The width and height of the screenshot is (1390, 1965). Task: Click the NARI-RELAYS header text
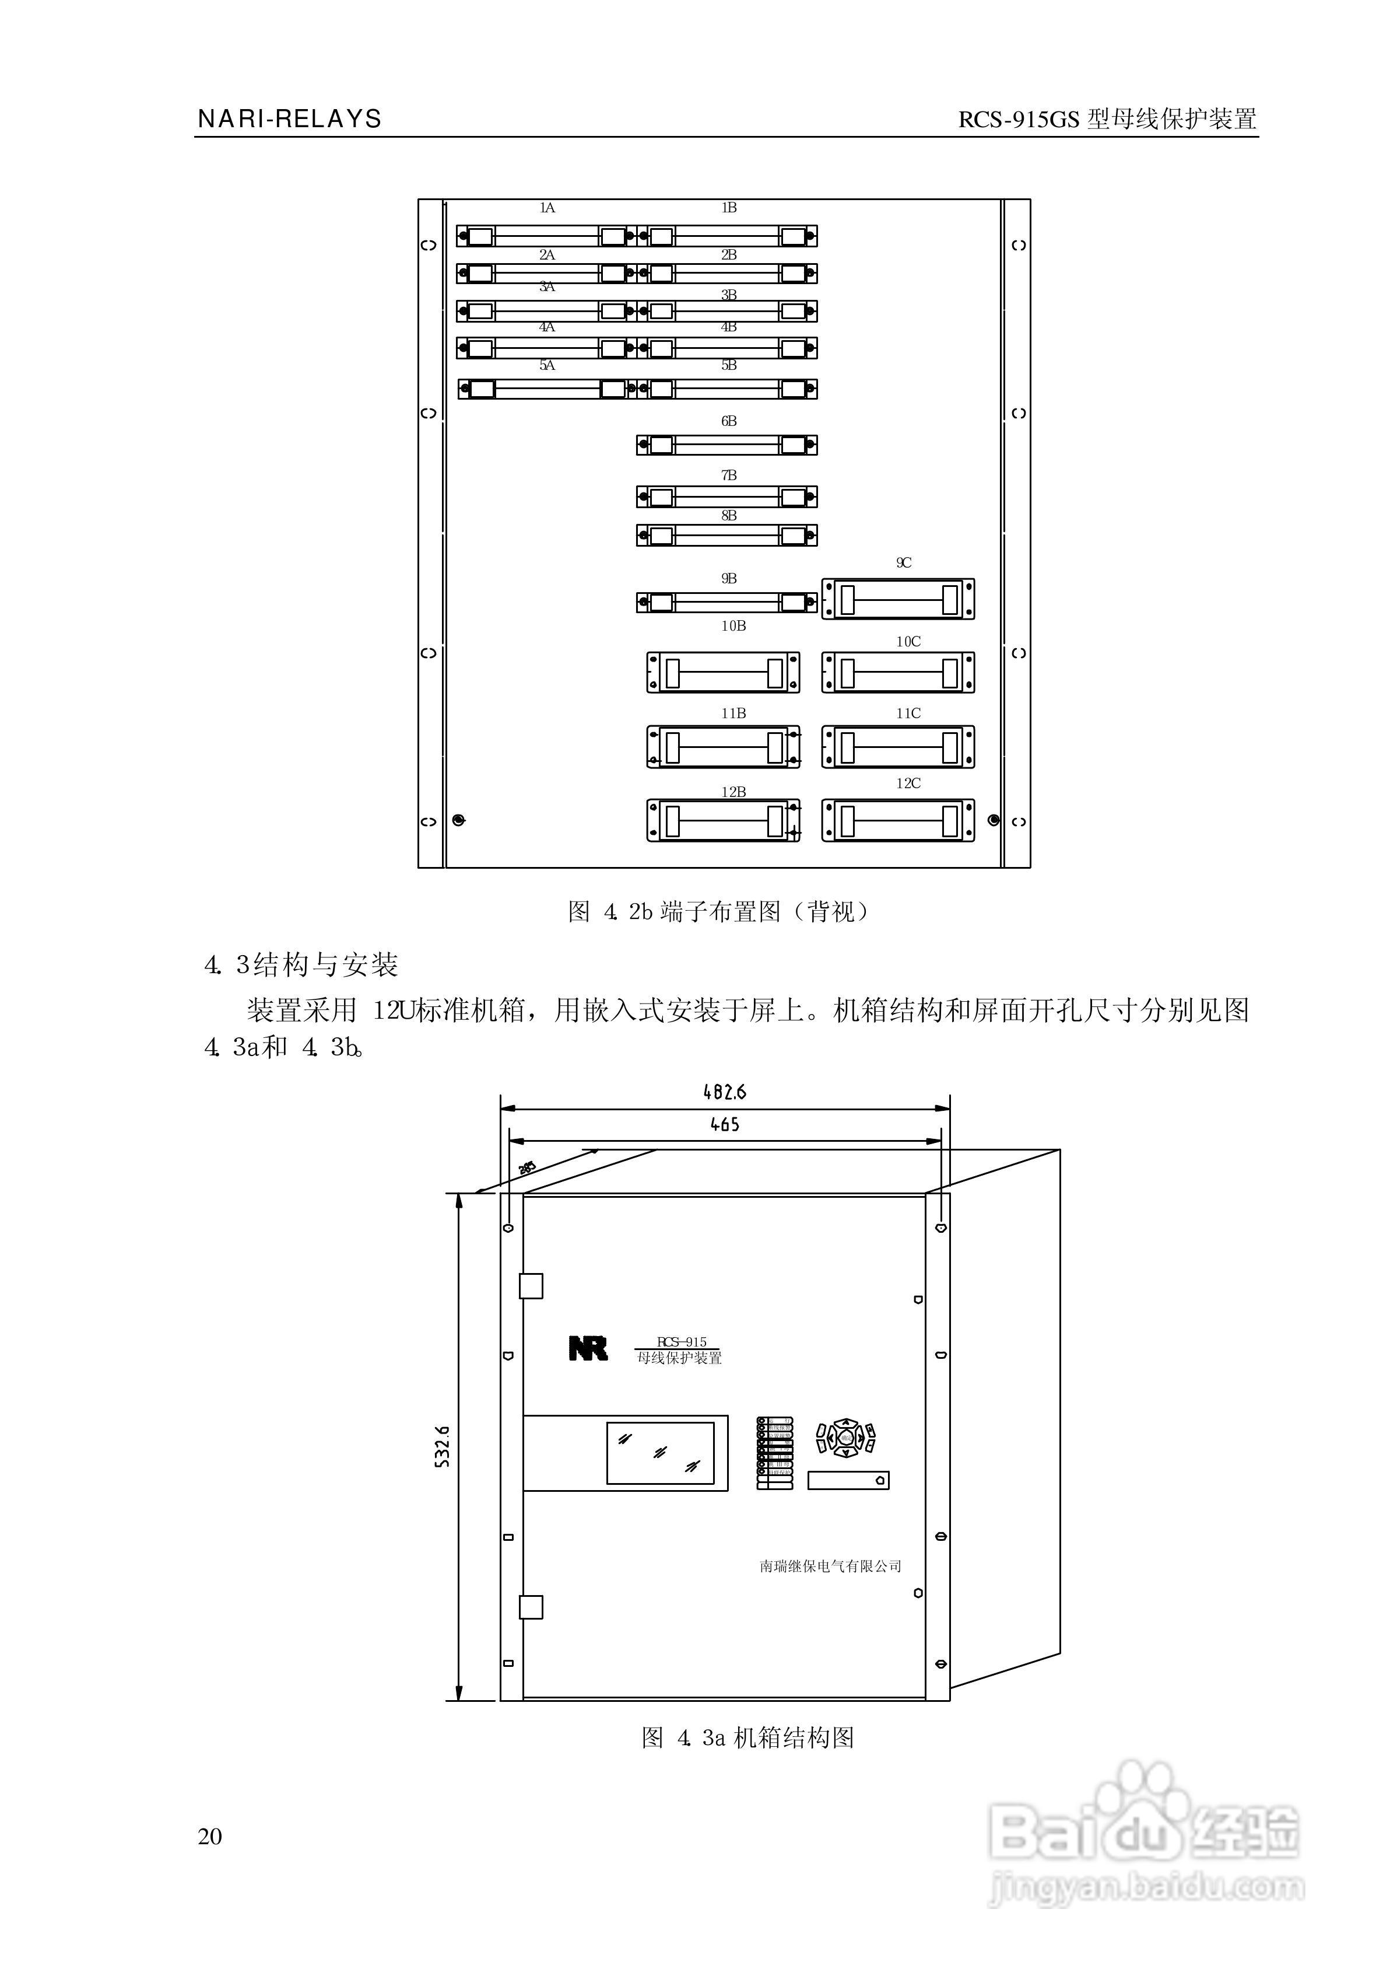pos(289,119)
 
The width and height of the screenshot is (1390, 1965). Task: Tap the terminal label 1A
pos(547,208)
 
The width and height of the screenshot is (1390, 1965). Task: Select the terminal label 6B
pos(728,421)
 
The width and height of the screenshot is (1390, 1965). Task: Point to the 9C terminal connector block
pos(898,599)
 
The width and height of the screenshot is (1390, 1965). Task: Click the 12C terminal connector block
pos(898,820)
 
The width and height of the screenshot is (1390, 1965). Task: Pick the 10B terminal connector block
pos(723,672)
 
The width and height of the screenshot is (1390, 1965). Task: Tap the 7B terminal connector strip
pos(726,497)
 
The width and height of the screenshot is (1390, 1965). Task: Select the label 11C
pos(908,713)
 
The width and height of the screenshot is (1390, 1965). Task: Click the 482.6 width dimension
pos(724,1092)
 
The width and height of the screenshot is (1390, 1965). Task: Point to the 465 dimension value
pos(724,1124)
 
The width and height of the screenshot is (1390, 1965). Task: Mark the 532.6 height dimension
pos(443,1447)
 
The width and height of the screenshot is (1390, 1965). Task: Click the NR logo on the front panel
pos(588,1349)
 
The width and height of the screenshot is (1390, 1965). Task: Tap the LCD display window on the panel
pos(660,1453)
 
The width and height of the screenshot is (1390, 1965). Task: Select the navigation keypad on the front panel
pos(845,1438)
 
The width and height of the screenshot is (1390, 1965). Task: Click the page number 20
pos(210,1835)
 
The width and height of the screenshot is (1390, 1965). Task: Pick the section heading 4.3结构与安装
pos(301,966)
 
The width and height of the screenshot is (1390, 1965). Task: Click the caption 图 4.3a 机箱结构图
pos(748,1737)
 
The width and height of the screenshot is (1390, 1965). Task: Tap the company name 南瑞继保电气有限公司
pos(830,1566)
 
